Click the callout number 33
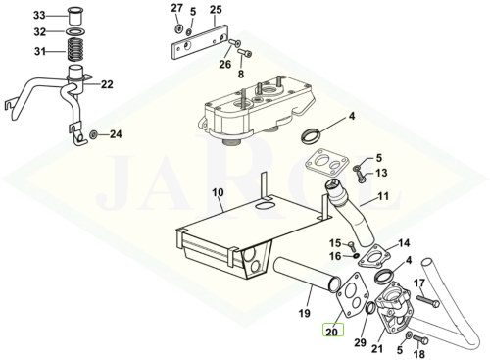[39, 16]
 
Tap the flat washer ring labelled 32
[75, 32]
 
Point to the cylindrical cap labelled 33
[75, 17]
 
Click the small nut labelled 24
[93, 134]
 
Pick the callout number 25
[216, 10]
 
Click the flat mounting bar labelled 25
[199, 42]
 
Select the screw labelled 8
[245, 52]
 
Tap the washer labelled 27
[178, 28]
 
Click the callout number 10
[218, 192]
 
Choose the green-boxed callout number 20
[333, 332]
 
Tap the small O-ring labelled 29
[369, 308]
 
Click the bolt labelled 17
[427, 301]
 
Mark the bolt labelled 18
[420, 339]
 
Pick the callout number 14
[404, 243]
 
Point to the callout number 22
[107, 84]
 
